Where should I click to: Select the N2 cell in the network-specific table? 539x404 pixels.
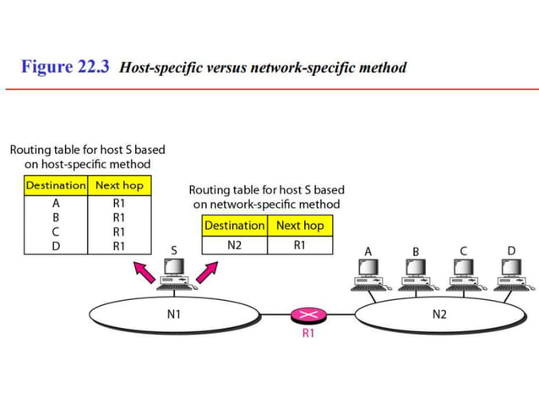point(235,245)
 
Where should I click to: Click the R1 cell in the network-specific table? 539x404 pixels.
point(299,245)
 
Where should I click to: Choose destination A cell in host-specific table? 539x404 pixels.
point(56,203)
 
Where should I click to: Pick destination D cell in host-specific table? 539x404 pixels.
point(56,246)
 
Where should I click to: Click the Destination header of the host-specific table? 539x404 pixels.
point(56,185)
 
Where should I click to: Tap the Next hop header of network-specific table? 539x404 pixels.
point(299,226)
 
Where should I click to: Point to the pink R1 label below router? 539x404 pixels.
point(308,333)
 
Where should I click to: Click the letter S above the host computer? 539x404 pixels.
point(175,251)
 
